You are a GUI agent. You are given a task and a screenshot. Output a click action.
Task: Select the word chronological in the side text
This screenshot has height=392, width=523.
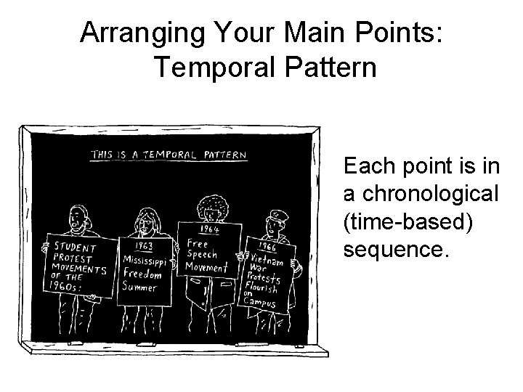(421, 195)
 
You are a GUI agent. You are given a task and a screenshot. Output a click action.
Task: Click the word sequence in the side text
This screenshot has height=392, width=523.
(395, 248)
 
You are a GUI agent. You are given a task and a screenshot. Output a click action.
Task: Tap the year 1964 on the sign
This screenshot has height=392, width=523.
(210, 229)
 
